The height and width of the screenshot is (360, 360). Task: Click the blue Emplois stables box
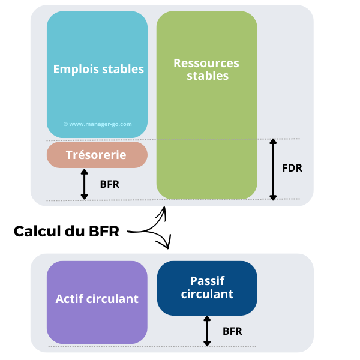[x=97, y=90]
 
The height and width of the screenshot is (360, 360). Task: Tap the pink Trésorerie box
[x=97, y=155]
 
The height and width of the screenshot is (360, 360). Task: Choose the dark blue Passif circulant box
[x=207, y=288]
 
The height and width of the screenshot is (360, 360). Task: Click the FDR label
[x=292, y=168]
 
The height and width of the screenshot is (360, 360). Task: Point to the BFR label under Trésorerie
[x=109, y=184]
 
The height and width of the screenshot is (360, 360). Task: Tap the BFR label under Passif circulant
[x=233, y=331]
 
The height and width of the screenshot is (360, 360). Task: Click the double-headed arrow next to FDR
[x=273, y=169]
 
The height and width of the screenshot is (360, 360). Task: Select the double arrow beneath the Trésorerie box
[x=84, y=184]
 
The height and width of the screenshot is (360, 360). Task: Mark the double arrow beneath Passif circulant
[x=207, y=331]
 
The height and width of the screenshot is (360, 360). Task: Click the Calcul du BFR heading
[x=67, y=231]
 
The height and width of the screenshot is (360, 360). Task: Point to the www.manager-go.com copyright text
[x=97, y=124]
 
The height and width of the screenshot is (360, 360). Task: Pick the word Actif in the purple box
[x=69, y=299]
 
